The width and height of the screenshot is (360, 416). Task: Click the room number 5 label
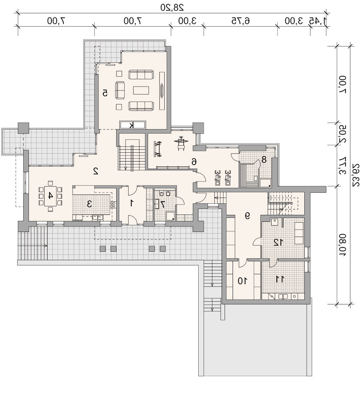pos(105,93)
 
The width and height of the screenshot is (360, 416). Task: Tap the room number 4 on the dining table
pos(50,196)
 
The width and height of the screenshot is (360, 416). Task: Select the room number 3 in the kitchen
pos(90,204)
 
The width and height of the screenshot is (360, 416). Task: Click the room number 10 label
pos(242,280)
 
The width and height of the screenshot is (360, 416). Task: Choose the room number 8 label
pos(264,160)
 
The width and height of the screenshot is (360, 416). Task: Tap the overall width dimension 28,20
pos(172,7)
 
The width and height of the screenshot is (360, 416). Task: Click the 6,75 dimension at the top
pos(241,21)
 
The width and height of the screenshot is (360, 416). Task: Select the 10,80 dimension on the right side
pos(342,245)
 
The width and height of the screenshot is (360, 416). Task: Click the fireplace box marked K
pos(132,125)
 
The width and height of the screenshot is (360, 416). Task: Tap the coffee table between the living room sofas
pos(141,90)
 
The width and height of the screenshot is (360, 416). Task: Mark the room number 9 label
pos(247,216)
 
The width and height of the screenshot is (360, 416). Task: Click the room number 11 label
pos(280,279)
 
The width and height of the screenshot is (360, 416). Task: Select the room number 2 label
pos(96,171)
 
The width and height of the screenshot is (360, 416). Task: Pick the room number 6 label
pos(194,161)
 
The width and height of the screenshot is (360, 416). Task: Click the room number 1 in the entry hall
pos(132,203)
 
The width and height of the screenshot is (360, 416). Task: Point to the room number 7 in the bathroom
pos(163,204)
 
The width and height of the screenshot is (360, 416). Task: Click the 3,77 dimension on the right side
pos(342,166)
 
